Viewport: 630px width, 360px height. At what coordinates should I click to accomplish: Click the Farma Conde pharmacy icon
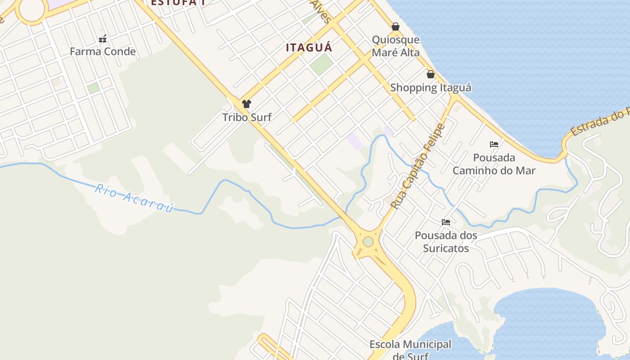[x=103, y=39]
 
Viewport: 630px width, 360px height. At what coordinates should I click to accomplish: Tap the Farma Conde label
[x=103, y=51]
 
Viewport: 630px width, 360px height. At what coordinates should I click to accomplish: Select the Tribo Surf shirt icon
[x=246, y=104]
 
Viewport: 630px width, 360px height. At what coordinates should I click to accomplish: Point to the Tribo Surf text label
[x=247, y=117]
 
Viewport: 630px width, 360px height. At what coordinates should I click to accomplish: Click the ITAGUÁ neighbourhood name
[x=309, y=47]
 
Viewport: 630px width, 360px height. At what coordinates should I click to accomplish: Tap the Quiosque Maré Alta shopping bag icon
[x=395, y=27]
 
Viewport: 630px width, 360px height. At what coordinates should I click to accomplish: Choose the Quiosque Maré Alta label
[x=396, y=46]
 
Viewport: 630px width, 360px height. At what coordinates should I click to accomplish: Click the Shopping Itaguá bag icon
[x=431, y=74]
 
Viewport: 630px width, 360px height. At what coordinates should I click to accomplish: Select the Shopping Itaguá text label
[x=431, y=88]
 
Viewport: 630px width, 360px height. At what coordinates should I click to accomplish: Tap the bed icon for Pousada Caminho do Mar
[x=494, y=144]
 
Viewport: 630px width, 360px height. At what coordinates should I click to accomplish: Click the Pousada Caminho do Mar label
[x=494, y=164]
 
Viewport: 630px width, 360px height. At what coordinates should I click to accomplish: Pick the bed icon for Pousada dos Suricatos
[x=446, y=222]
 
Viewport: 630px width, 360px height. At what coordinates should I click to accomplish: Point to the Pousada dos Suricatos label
[x=446, y=242]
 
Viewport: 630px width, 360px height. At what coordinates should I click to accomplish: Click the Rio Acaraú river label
[x=134, y=198]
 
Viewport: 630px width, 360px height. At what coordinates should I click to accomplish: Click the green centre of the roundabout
[x=368, y=242]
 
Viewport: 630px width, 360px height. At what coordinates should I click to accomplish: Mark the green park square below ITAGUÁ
[x=321, y=65]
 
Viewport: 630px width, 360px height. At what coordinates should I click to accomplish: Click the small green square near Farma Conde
[x=94, y=88]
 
